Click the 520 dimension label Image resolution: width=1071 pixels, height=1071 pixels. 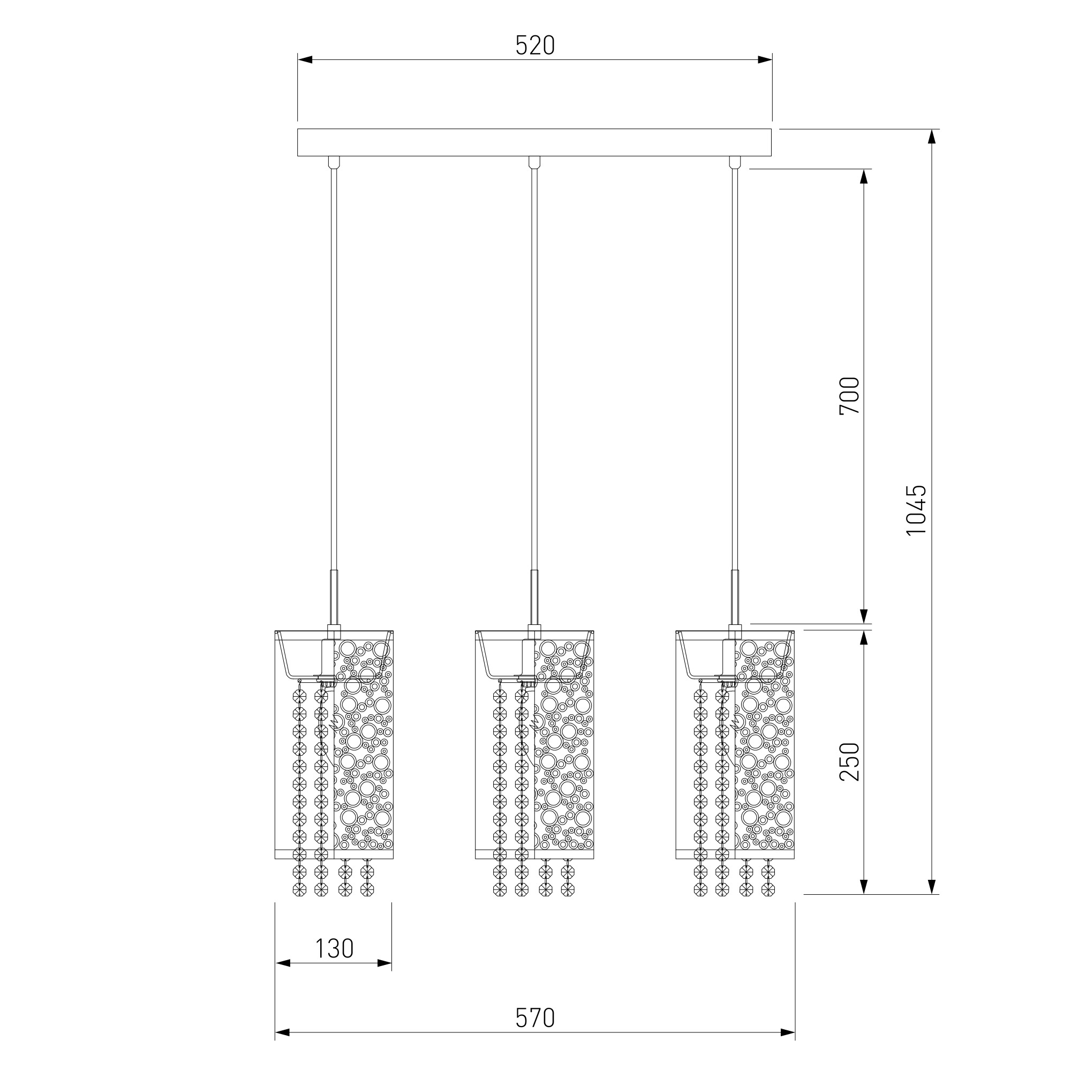535,46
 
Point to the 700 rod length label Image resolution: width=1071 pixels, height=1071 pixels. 849,396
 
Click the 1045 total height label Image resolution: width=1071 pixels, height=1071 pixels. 916,510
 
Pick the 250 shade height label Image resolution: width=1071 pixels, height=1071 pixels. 849,761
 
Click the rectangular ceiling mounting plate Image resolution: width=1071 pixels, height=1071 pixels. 535,142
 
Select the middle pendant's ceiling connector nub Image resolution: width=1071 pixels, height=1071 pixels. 534,162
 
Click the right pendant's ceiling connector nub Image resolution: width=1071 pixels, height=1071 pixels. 735,162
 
